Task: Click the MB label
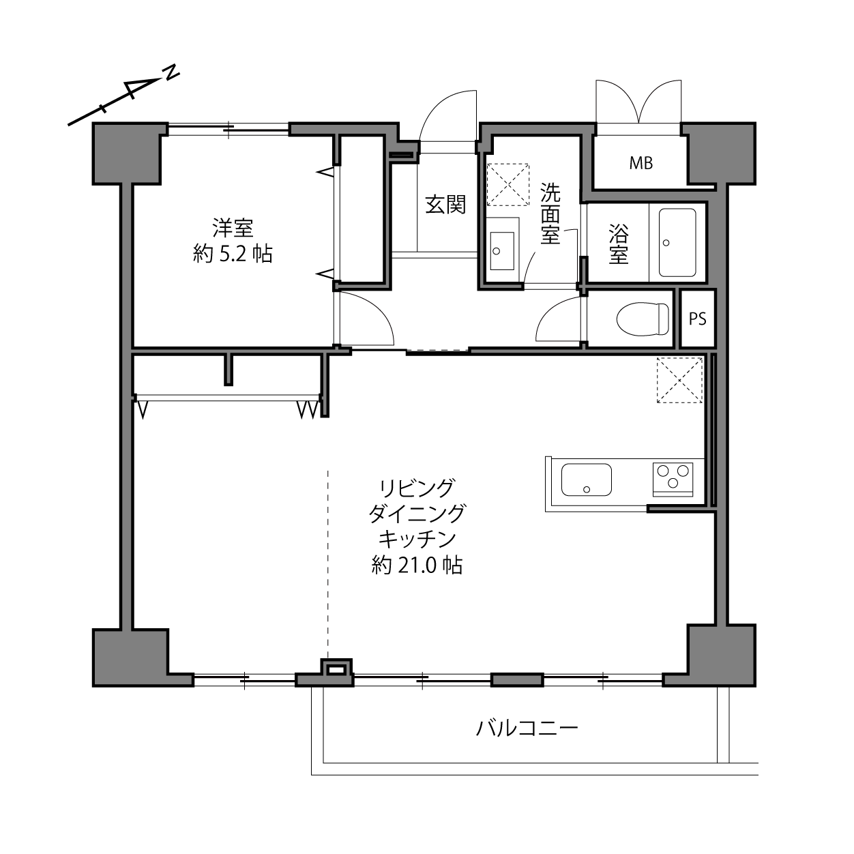(x=640, y=164)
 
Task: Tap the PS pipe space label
(x=698, y=319)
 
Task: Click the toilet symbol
(x=643, y=319)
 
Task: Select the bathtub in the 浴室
(x=677, y=242)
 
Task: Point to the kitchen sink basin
(x=587, y=480)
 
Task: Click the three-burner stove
(x=673, y=479)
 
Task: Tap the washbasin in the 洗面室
(x=502, y=251)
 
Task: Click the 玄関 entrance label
(x=445, y=205)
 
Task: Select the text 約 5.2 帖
(x=233, y=254)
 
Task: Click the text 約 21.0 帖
(x=417, y=565)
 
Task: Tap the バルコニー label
(x=527, y=728)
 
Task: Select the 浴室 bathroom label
(x=618, y=244)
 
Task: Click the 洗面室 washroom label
(x=550, y=213)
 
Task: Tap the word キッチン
(x=417, y=540)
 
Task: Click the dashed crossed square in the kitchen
(x=679, y=380)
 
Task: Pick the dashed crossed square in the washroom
(x=508, y=185)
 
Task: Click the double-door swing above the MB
(x=638, y=101)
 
